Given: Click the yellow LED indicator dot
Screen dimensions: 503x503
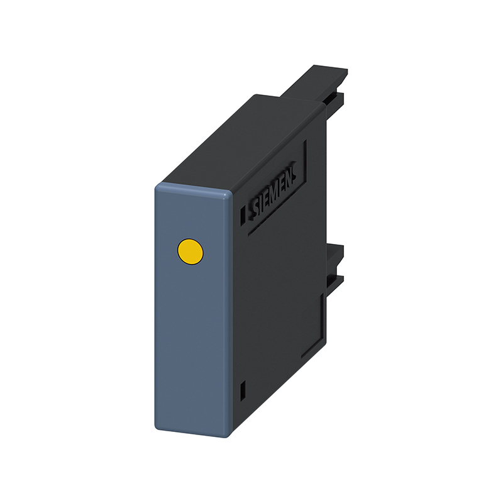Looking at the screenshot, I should [191, 251].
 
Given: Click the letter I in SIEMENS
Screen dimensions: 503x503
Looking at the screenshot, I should [261, 204].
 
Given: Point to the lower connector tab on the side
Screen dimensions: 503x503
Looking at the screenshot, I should [336, 267].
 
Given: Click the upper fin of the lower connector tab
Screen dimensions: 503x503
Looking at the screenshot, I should [336, 255].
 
